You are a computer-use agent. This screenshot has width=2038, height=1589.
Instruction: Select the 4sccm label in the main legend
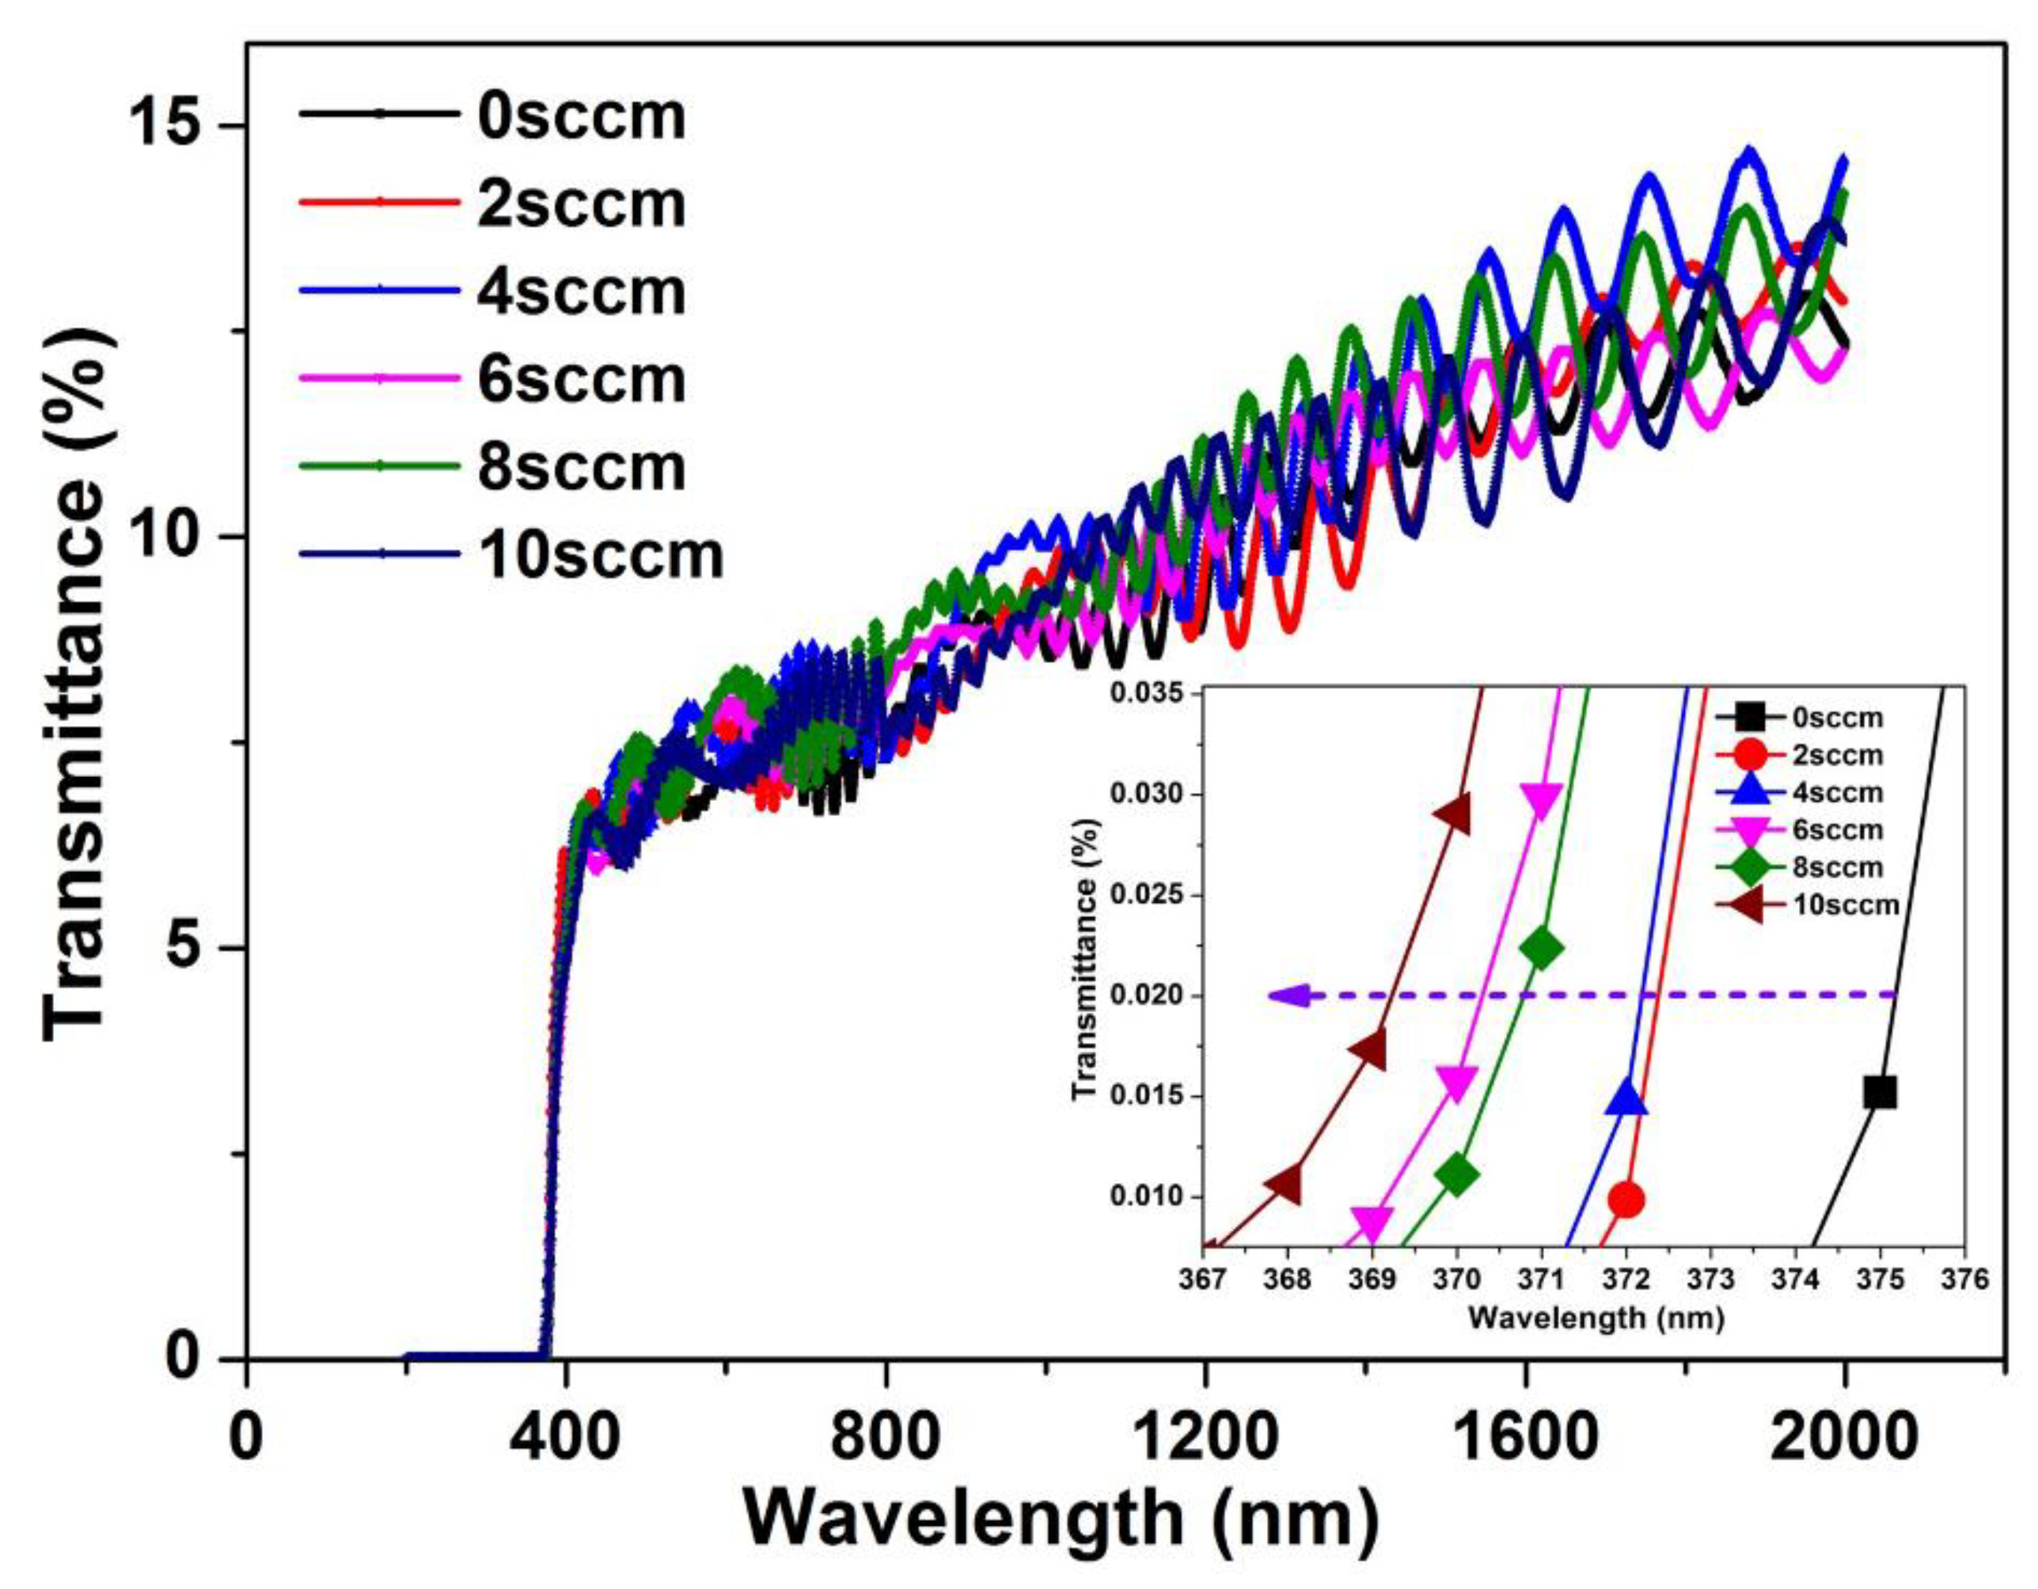tap(580, 291)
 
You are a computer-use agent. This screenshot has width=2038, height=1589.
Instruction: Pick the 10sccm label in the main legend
tap(600, 556)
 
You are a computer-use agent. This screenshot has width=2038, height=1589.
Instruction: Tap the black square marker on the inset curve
tap(1880, 1092)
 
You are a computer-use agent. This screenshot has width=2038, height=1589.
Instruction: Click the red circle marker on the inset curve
tap(1626, 1199)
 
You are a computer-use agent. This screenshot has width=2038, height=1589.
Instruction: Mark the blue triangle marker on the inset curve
tap(1626, 1098)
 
